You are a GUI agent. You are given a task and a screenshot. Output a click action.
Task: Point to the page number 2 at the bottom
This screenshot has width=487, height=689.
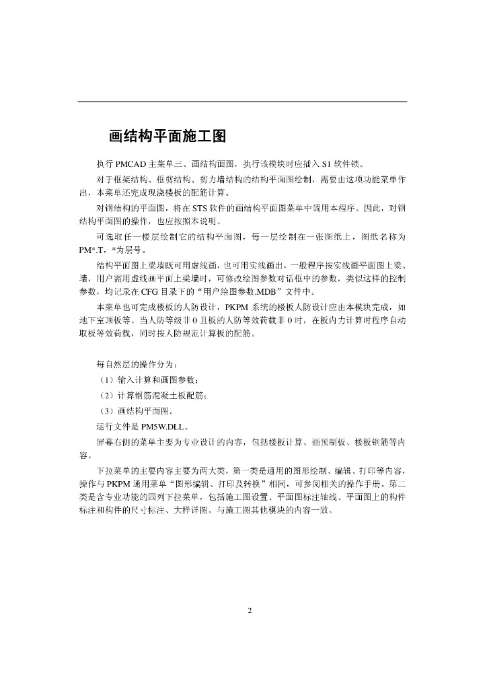pos(249,611)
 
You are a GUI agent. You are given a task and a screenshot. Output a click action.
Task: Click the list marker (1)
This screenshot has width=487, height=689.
pos(107,380)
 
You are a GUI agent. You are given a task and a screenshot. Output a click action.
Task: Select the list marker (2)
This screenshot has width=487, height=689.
pos(107,395)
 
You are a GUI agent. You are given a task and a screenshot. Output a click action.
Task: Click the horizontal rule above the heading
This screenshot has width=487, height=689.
pos(242,102)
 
